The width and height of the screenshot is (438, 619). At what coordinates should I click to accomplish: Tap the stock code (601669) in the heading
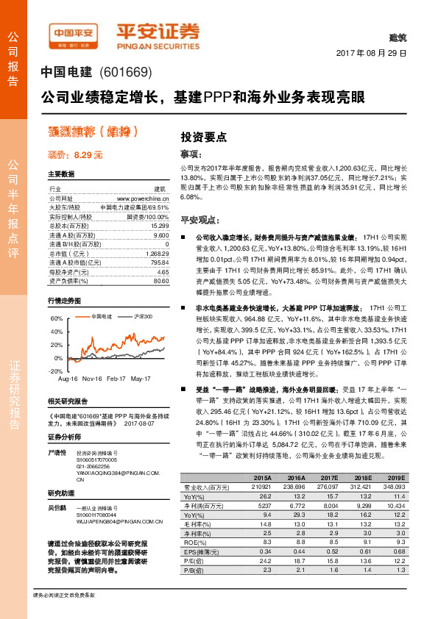tap(124, 73)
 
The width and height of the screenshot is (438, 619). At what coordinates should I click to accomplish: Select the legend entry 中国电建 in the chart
tap(100, 316)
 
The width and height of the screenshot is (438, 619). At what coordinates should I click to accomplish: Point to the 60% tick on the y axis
tap(57, 319)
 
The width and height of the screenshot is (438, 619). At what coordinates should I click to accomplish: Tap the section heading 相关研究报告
tap(68, 401)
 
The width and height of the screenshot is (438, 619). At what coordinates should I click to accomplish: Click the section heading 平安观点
tap(199, 220)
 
